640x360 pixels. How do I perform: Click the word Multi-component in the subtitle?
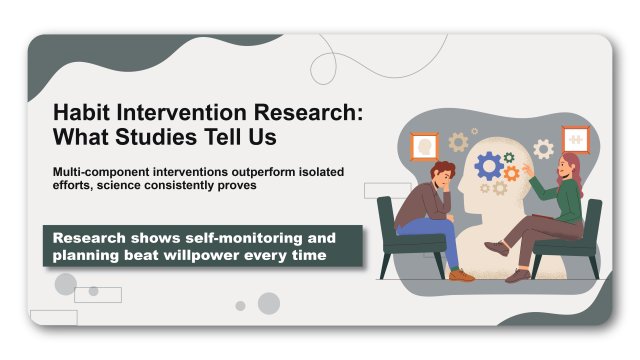tap(98, 172)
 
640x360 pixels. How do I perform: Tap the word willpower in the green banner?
tap(224, 257)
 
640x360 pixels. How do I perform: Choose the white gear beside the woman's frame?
tap(543, 150)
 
